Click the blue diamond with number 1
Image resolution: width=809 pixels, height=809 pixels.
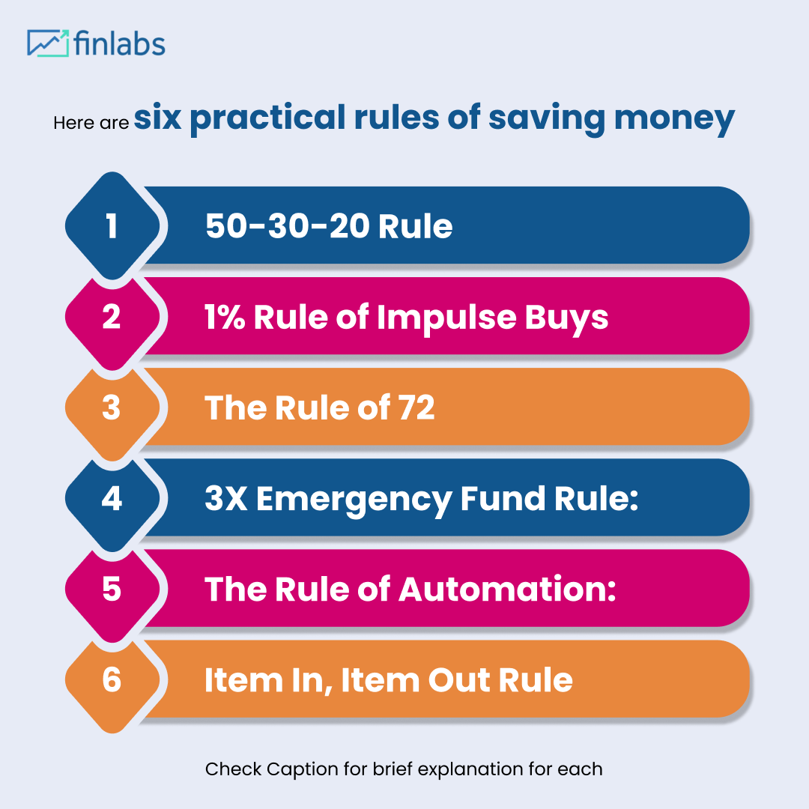click(x=112, y=225)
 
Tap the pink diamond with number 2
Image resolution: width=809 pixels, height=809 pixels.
click(x=112, y=317)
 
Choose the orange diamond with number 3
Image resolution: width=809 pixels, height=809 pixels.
click(x=112, y=407)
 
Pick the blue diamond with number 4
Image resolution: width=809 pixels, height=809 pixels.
click(x=112, y=498)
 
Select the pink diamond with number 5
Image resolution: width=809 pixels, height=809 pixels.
click(x=112, y=589)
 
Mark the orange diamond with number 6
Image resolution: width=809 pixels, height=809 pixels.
click(x=112, y=679)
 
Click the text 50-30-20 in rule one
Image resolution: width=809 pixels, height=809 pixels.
click(x=287, y=226)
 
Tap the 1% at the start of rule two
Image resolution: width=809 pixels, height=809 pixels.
click(x=225, y=318)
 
